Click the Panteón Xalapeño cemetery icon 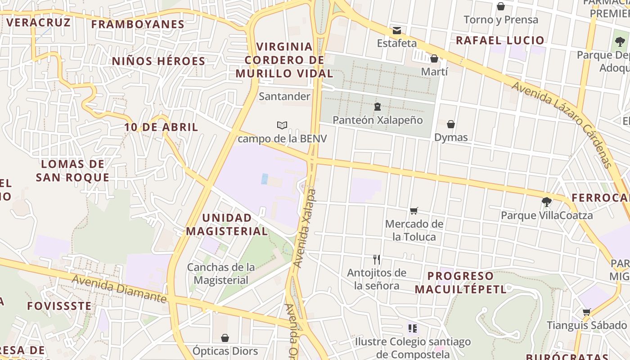click(377, 107)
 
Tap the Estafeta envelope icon click(397, 31)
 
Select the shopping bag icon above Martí click(434, 58)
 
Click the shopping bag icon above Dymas click(451, 124)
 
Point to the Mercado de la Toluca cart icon click(414, 211)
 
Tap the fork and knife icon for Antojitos click(377, 259)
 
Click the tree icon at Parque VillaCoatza click(547, 202)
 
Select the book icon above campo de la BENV click(282, 125)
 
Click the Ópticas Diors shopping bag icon click(225, 337)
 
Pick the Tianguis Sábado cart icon click(586, 312)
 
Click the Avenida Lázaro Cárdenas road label click(562, 124)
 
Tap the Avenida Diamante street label click(119, 288)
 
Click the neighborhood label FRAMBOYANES click(138, 24)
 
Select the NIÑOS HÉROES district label click(158, 61)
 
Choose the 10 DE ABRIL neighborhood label click(161, 127)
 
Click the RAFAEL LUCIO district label click(500, 40)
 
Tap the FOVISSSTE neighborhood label click(59, 306)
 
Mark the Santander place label click(284, 96)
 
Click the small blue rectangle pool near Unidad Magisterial click(265, 179)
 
